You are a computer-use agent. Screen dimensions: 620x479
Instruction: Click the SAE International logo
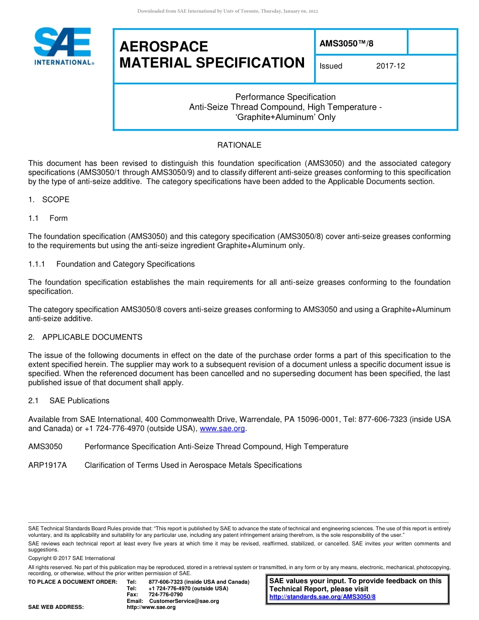click(x=63, y=46)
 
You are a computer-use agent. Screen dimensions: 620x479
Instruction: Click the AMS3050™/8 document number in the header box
click(x=346, y=43)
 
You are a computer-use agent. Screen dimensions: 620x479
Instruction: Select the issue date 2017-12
click(x=390, y=66)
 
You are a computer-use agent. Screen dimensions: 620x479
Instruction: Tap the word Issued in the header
click(x=331, y=66)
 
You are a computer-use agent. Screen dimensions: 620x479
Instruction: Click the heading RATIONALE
click(x=239, y=145)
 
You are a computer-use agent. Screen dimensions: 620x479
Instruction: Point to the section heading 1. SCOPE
click(x=49, y=200)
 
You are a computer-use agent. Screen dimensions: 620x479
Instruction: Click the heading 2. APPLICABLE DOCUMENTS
click(x=85, y=337)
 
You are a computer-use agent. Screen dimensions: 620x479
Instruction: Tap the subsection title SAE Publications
click(x=79, y=401)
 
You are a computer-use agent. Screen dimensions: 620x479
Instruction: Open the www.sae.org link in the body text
click(x=222, y=429)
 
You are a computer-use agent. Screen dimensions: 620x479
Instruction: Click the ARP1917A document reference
click(x=47, y=465)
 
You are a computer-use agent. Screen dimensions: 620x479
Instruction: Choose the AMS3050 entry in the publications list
click(x=45, y=447)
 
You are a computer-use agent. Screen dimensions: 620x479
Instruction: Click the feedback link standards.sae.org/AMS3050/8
click(x=322, y=597)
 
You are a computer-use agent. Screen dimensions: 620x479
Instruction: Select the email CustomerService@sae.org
click(x=184, y=601)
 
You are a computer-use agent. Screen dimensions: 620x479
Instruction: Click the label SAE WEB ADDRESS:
click(x=56, y=607)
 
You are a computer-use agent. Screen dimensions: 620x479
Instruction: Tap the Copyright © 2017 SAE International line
click(x=72, y=558)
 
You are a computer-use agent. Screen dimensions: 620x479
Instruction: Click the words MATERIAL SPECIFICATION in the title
click(x=212, y=63)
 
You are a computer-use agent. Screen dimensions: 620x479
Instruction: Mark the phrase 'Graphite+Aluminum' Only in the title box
click(x=285, y=117)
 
